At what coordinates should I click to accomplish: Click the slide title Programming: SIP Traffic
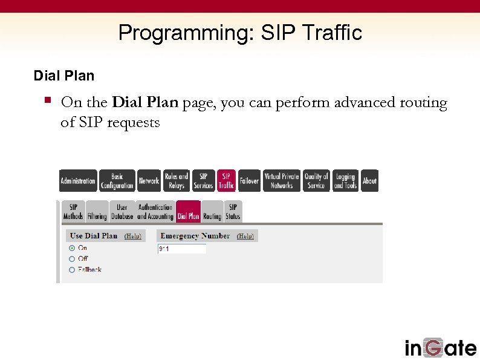240,32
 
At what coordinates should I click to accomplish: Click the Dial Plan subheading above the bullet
64,76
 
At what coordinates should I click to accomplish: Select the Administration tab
77,181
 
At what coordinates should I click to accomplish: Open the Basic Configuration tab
117,181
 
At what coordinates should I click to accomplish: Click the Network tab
149,181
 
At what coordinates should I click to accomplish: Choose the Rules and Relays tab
177,181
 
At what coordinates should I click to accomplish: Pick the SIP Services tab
203,181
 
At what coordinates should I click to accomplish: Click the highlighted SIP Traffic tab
226,181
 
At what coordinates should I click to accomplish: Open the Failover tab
249,181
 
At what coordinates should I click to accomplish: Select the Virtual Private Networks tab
282,181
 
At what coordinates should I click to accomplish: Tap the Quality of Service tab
316,181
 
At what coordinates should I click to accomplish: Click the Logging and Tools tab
345,181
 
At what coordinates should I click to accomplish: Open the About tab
369,181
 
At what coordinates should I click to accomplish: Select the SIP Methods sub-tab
73,212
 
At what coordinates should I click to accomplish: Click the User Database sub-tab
122,212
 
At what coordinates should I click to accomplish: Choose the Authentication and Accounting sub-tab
155,212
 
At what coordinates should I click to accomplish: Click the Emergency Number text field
181,249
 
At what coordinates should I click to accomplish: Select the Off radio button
72,259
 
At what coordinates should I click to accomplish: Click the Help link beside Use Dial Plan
132,237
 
